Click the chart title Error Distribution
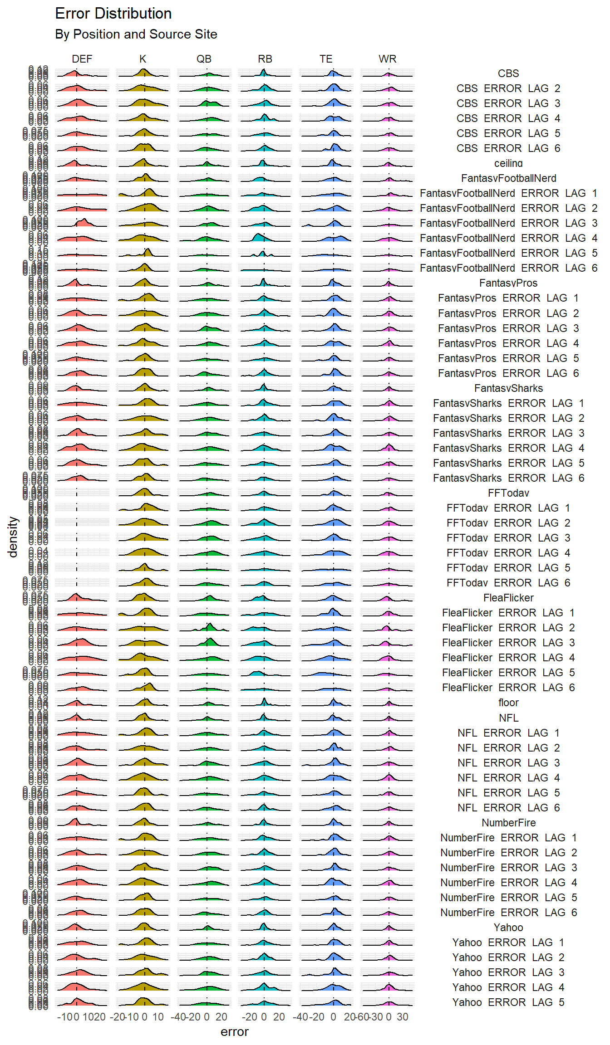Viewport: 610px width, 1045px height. coord(113,14)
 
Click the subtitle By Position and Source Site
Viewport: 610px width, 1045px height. coord(136,34)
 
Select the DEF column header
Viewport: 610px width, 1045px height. coord(82,59)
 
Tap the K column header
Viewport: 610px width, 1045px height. coord(143,59)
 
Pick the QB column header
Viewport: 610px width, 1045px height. coord(204,59)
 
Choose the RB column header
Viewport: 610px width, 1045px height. coord(265,59)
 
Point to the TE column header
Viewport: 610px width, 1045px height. coord(326,59)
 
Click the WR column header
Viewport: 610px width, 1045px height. coord(388,59)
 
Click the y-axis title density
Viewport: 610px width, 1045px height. coord(13,537)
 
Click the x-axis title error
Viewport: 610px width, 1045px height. coord(235,1032)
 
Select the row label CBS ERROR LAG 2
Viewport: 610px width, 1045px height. coord(508,88)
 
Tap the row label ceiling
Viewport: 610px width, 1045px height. coord(508,163)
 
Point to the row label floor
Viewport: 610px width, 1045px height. coord(508,703)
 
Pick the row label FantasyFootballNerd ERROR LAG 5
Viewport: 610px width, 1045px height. coord(508,253)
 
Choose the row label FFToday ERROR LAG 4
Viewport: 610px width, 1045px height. coord(508,553)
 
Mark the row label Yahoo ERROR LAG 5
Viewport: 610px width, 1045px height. coord(508,1002)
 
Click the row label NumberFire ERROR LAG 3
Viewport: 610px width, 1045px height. coord(508,868)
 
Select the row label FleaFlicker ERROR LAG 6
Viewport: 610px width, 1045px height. coord(508,688)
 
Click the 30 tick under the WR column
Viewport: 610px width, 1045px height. coord(403,1017)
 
